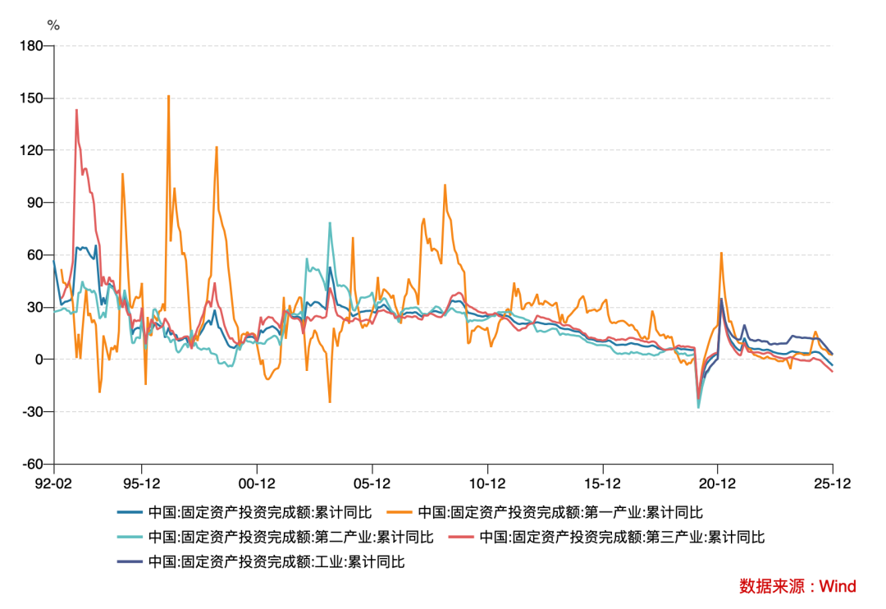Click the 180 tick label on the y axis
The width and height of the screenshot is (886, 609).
(33, 46)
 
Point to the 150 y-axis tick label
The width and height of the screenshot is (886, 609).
(33, 98)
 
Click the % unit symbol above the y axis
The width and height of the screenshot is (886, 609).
(53, 25)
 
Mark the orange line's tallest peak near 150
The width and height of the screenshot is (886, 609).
(168, 96)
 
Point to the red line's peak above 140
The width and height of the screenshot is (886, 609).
(76, 110)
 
